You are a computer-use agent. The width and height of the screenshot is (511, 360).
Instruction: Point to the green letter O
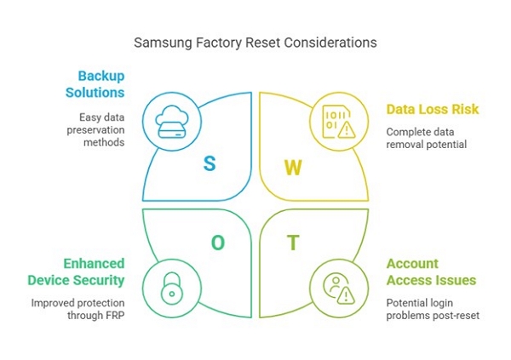point(217,243)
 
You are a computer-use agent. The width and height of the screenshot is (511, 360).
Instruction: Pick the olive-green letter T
point(293,243)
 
